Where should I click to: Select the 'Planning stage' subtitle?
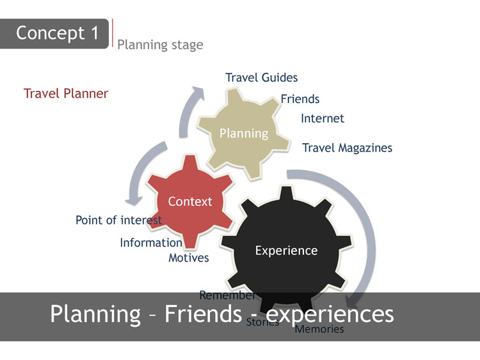point(160,45)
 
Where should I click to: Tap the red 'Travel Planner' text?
point(66,94)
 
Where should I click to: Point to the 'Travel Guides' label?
point(261,77)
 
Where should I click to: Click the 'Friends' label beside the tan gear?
point(300,99)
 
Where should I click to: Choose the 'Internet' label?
point(322,118)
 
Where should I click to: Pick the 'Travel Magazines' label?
point(347,148)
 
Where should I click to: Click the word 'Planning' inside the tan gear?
point(243,133)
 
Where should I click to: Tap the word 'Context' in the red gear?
point(189,201)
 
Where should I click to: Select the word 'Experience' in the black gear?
point(286,251)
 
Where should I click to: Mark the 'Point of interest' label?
point(118,220)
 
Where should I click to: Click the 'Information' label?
point(151,243)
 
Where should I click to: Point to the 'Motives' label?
point(188,258)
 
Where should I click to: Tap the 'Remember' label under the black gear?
point(227,295)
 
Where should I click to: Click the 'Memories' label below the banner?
point(319,330)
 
